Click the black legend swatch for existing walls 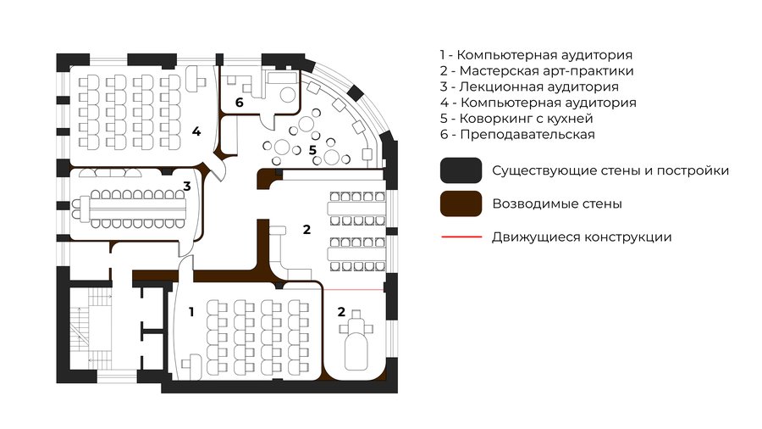point(461,170)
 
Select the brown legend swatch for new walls point(461,203)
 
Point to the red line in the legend point(461,237)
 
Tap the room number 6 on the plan point(239,103)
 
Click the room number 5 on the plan point(312,150)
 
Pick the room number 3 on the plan point(187,186)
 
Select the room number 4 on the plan point(196,131)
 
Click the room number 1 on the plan point(191,312)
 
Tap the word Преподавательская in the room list point(527,135)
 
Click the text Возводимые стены point(557,203)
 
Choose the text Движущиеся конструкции point(582,237)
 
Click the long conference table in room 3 point(137,209)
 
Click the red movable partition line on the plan point(354,290)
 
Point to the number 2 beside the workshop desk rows point(306,230)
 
